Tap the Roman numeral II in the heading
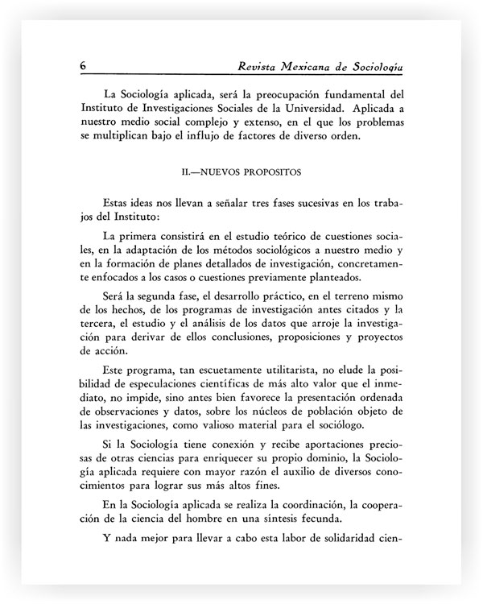tap(189, 172)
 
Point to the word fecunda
tap(358, 519)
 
